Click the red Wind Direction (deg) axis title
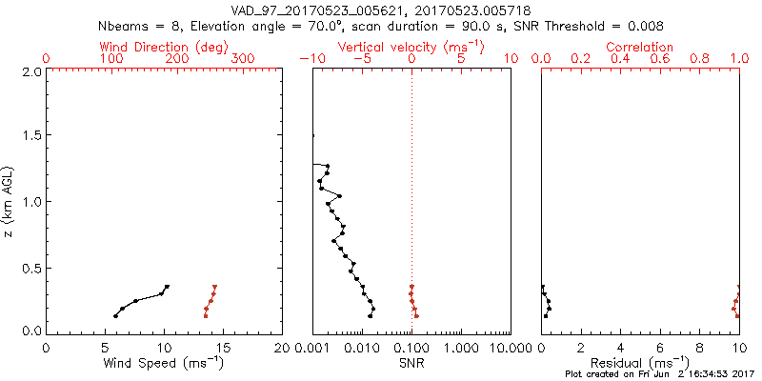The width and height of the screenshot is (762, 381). coord(163,47)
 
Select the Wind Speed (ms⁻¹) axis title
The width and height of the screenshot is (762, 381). coord(164,362)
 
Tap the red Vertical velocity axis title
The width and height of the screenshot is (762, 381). coord(411,47)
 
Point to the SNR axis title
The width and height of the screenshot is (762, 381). coord(411,362)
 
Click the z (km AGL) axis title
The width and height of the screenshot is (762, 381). coord(10,200)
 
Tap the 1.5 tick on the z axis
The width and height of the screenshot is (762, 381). coord(30,136)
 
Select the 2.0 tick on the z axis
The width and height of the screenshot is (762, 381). coord(30,70)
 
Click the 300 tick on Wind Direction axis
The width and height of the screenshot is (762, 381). coord(243,59)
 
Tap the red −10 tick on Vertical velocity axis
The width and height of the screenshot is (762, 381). coord(309,59)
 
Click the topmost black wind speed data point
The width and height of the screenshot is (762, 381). coord(167,287)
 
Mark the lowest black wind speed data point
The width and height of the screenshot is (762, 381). coord(116,316)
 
